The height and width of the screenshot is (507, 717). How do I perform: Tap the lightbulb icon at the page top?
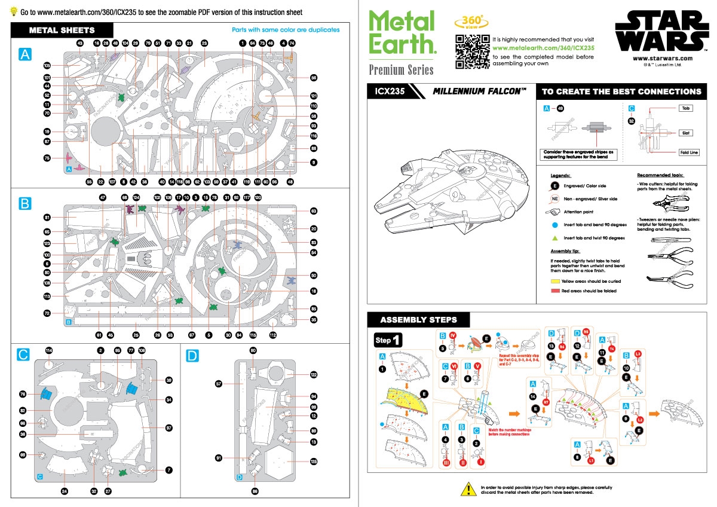point(13,12)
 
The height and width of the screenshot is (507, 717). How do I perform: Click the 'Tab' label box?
point(685,109)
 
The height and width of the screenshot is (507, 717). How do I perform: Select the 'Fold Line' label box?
point(685,152)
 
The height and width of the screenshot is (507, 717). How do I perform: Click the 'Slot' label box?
point(685,133)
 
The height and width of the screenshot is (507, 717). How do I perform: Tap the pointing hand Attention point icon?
point(556,212)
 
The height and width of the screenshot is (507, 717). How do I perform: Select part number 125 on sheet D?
point(314,461)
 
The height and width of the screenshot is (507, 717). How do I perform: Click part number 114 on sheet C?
point(49,350)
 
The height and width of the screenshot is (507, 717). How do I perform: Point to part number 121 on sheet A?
point(314,96)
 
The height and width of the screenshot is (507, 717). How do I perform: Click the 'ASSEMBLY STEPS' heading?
point(418,319)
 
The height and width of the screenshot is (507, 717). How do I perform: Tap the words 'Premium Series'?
point(401,70)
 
